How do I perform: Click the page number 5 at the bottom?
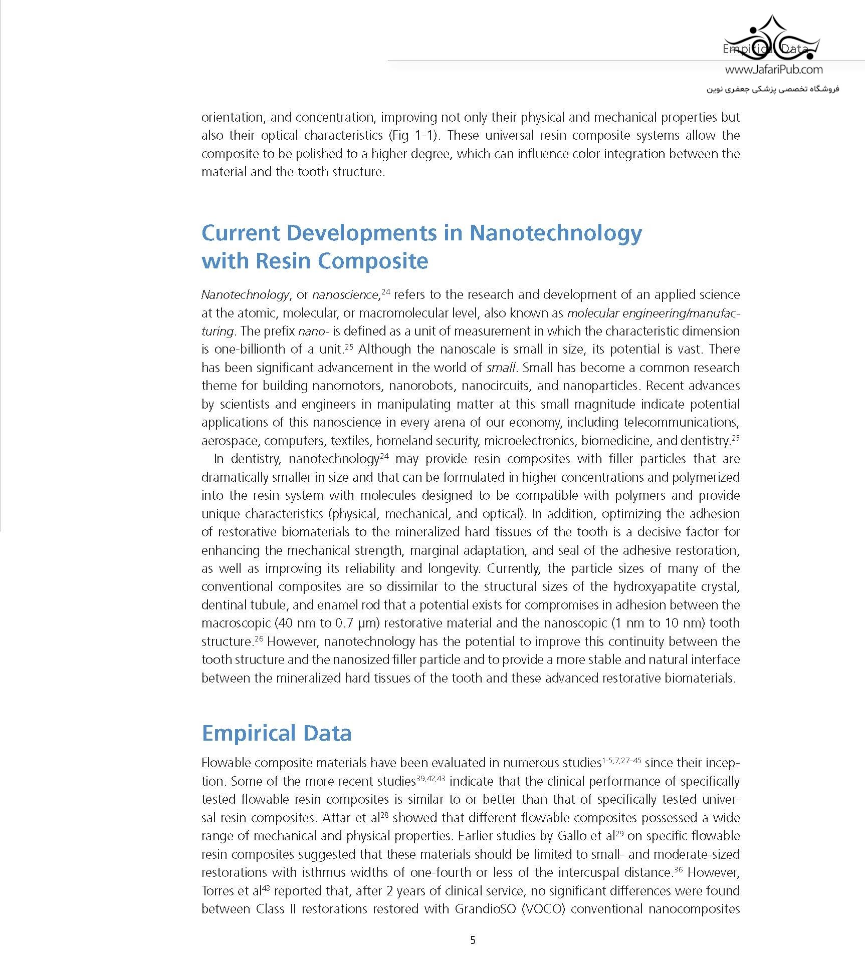click(473, 940)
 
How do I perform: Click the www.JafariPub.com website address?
click(773, 70)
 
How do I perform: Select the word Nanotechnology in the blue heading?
click(555, 233)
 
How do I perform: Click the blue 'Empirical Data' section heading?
click(276, 733)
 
